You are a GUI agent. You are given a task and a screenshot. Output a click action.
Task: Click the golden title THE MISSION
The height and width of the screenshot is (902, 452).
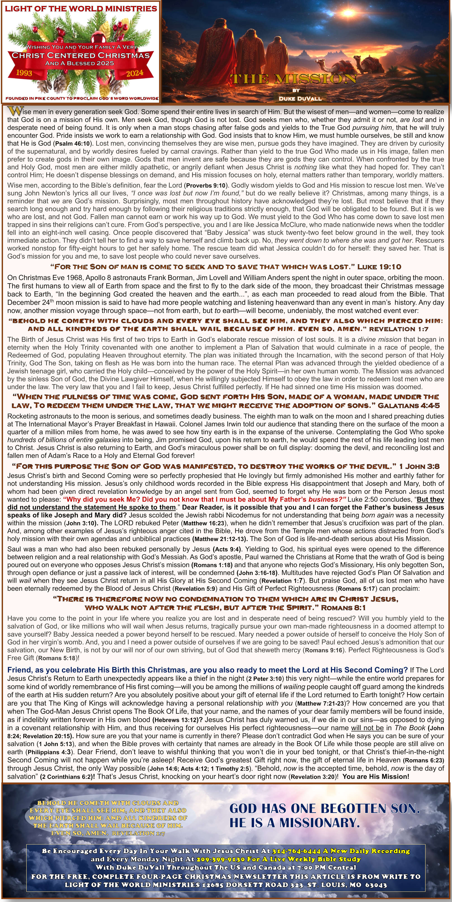click(293, 79)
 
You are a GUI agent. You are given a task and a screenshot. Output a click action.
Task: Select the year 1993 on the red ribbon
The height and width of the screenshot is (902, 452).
click(24, 73)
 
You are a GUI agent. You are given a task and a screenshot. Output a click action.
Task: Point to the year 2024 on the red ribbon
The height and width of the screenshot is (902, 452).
click(135, 73)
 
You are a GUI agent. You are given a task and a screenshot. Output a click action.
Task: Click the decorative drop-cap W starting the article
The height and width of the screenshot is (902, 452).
click(15, 111)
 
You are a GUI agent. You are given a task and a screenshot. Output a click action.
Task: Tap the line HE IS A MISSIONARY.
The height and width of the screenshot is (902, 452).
click(294, 822)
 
